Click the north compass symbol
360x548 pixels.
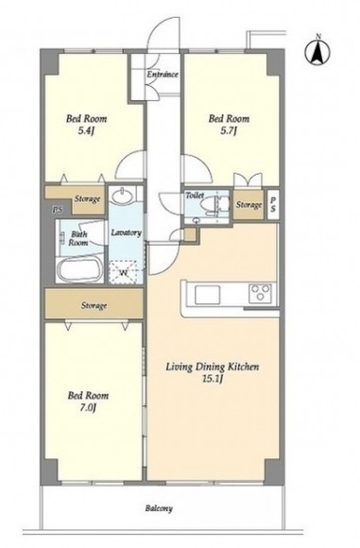pos(317,52)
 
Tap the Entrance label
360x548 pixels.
pos(163,75)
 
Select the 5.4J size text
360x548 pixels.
pos(86,131)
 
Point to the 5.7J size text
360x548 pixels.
pos(229,131)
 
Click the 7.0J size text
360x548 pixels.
pos(87,407)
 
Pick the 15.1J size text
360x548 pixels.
pos(213,379)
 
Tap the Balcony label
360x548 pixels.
pos(159,508)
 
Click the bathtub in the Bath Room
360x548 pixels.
pos(79,268)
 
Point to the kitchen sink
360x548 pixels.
pos(207,295)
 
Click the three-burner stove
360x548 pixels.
pos(260,293)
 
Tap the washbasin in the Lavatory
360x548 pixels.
pos(123,196)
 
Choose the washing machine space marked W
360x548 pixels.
pos(123,272)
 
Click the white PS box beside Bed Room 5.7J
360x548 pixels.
pos(273,204)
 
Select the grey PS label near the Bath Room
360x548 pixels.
pos(57,210)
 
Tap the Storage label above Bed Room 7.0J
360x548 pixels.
pos(94,306)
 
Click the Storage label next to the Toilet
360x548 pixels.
pos(249,204)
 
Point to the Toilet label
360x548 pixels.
pos(195,195)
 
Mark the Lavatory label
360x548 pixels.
pos(126,232)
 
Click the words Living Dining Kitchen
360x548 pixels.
pos(213,367)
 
